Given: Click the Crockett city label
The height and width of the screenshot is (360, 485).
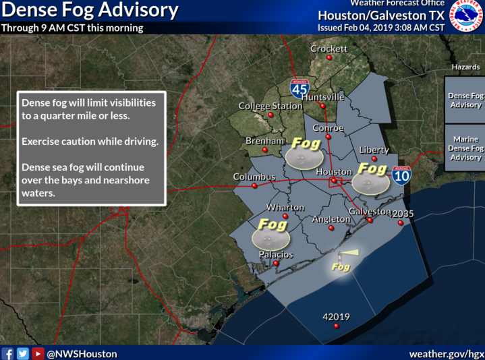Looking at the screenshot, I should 329,49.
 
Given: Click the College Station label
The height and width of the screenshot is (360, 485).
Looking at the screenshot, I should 270,106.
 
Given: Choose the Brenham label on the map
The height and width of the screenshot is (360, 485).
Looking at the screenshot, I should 264,140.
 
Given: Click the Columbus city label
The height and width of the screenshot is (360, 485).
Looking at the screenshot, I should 254,177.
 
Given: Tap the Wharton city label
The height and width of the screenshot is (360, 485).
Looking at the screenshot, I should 285,208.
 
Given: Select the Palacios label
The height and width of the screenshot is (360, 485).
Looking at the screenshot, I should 276,254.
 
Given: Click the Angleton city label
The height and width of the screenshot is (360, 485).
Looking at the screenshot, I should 331,219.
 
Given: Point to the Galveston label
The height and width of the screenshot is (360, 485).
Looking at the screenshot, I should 369,211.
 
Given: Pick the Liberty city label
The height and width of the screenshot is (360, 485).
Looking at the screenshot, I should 374,149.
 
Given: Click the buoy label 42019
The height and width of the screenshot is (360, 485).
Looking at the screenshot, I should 336,317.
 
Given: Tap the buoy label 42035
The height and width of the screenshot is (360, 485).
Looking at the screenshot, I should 402,214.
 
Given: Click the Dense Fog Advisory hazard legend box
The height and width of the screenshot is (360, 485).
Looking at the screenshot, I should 465,100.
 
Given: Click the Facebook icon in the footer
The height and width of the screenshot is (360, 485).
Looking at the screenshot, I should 8,353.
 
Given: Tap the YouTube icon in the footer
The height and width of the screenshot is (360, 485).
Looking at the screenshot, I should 38,353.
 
